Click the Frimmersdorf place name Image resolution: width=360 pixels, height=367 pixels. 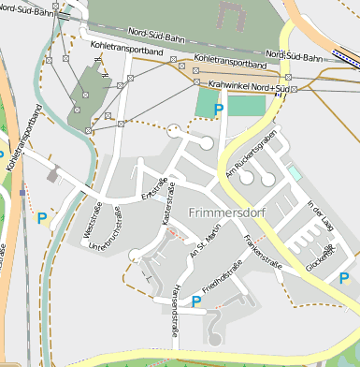point(225,213)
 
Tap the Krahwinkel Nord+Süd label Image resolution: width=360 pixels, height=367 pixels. point(247,85)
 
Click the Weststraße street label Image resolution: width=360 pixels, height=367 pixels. point(94,225)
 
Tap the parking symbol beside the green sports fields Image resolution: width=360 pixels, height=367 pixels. point(219,110)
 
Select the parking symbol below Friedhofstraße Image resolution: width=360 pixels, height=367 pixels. point(196,301)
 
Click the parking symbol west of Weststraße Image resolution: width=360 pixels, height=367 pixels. point(41,218)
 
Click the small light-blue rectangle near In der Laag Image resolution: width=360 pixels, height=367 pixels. point(295,173)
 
